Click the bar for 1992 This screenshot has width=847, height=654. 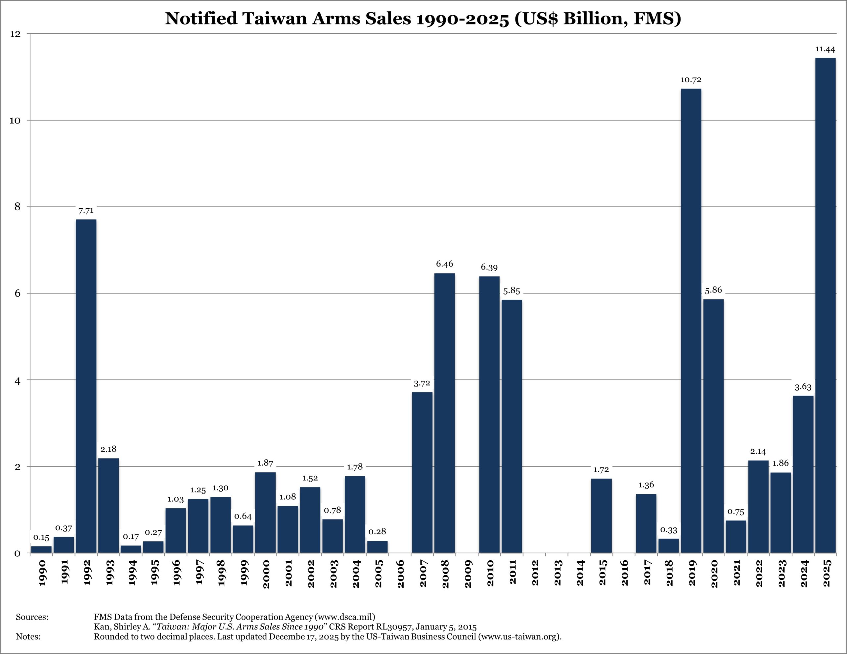pos(86,386)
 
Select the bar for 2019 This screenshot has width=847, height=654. pos(691,321)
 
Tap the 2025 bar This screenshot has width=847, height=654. pos(825,305)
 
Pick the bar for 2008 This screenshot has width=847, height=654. pos(444,413)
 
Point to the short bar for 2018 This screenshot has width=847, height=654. pos(669,545)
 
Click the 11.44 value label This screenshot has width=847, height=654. pos(825,49)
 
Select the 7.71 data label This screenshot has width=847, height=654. pos(86,211)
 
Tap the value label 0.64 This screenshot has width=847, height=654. pos(243,516)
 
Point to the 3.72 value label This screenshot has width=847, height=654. pos(422,383)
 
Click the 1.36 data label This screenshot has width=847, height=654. pos(646,485)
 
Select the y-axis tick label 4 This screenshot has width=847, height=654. pos(18,380)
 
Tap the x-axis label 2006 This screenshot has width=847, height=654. pos(401,574)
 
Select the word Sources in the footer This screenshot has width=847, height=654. pos(32,617)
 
